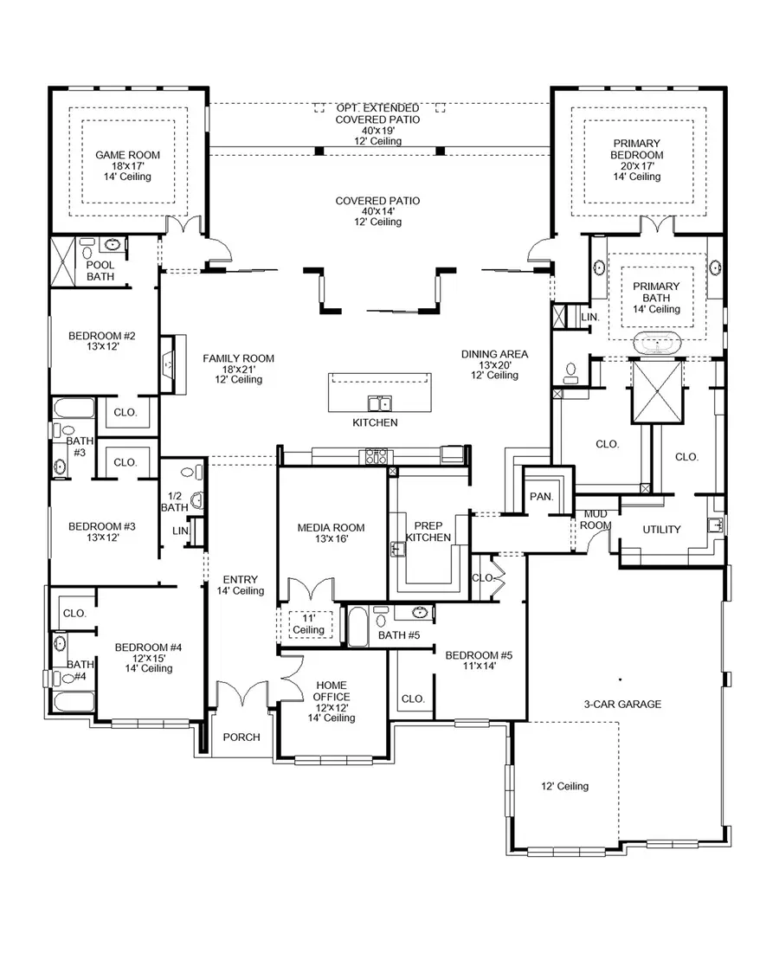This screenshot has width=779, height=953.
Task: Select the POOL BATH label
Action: tap(100, 270)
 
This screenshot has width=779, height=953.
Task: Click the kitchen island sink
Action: tap(378, 402)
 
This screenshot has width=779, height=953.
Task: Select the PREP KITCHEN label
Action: tap(428, 531)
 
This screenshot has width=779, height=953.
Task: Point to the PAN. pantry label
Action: tap(543, 497)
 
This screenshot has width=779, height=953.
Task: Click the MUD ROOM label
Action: tap(596, 519)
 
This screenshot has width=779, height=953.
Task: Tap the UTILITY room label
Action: tap(661, 530)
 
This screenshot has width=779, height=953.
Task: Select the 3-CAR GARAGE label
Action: tap(621, 704)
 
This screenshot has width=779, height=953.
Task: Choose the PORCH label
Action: tap(241, 737)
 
